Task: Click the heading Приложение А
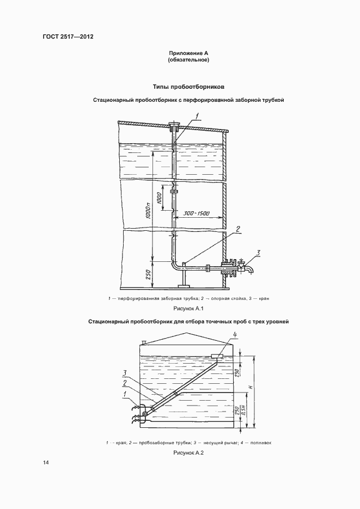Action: pos(188,53)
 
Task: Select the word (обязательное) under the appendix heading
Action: pos(188,60)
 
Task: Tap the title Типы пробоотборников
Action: pos(188,87)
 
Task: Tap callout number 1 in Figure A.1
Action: pos(198,115)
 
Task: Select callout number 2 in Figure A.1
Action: pos(239,229)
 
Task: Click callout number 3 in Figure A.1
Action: pos(259,252)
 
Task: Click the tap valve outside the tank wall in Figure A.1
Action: pos(247,267)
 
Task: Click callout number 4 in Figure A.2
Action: pos(235,334)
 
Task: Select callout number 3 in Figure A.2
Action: pos(125,372)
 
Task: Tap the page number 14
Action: pos(46,463)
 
